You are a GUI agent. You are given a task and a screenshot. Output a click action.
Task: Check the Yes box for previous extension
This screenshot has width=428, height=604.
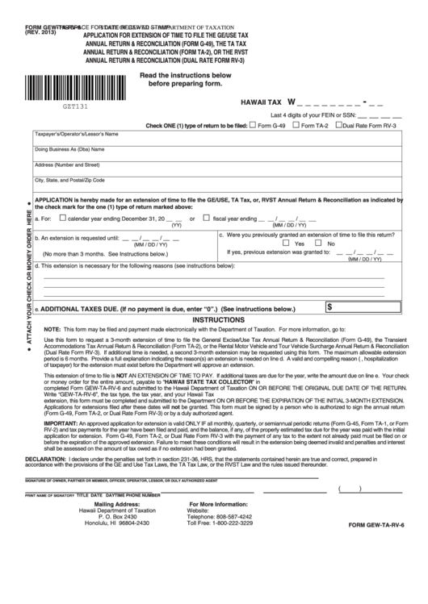click(287, 243)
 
